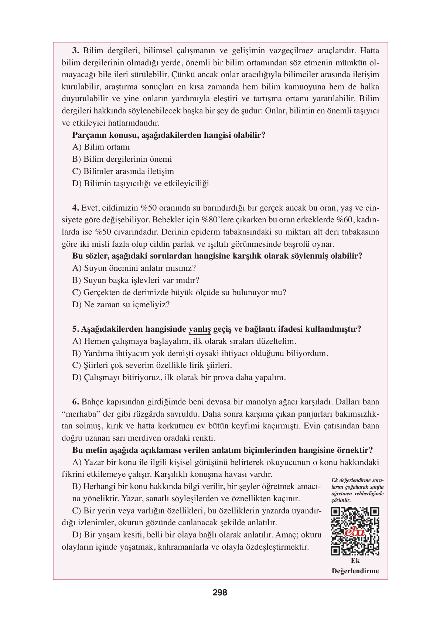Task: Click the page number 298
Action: (x=220, y=592)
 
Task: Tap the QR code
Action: (x=355, y=531)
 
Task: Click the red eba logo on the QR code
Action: (x=355, y=532)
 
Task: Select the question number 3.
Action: (x=75, y=51)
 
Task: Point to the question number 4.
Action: (x=75, y=208)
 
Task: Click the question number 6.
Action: (x=75, y=402)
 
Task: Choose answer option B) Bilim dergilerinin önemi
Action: (x=122, y=159)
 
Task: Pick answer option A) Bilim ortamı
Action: (x=101, y=147)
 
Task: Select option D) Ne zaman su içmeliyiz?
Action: (x=121, y=305)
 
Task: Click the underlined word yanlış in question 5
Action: (x=199, y=329)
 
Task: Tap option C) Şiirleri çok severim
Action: (x=152, y=365)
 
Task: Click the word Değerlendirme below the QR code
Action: (x=355, y=571)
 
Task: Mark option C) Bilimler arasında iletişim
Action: (x=123, y=171)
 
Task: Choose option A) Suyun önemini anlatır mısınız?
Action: (x=134, y=268)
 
